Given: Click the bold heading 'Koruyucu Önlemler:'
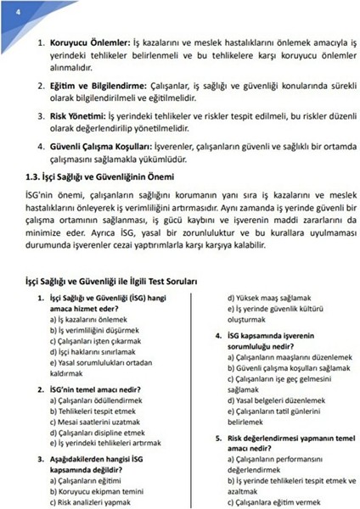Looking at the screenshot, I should point(91,42).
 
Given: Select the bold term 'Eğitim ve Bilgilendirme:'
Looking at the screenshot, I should point(98,86).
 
